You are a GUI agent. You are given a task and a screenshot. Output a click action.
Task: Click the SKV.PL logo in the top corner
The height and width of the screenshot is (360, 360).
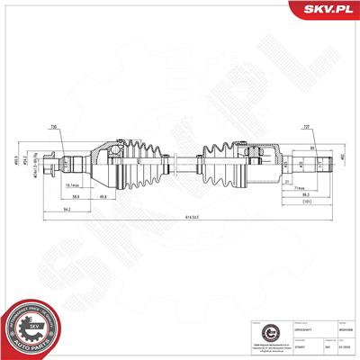pos(328,10)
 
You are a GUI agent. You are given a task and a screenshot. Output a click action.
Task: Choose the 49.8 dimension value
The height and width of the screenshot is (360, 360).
pos(104,195)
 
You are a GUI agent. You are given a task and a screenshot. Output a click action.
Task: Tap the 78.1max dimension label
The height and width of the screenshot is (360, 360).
pos(76,185)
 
